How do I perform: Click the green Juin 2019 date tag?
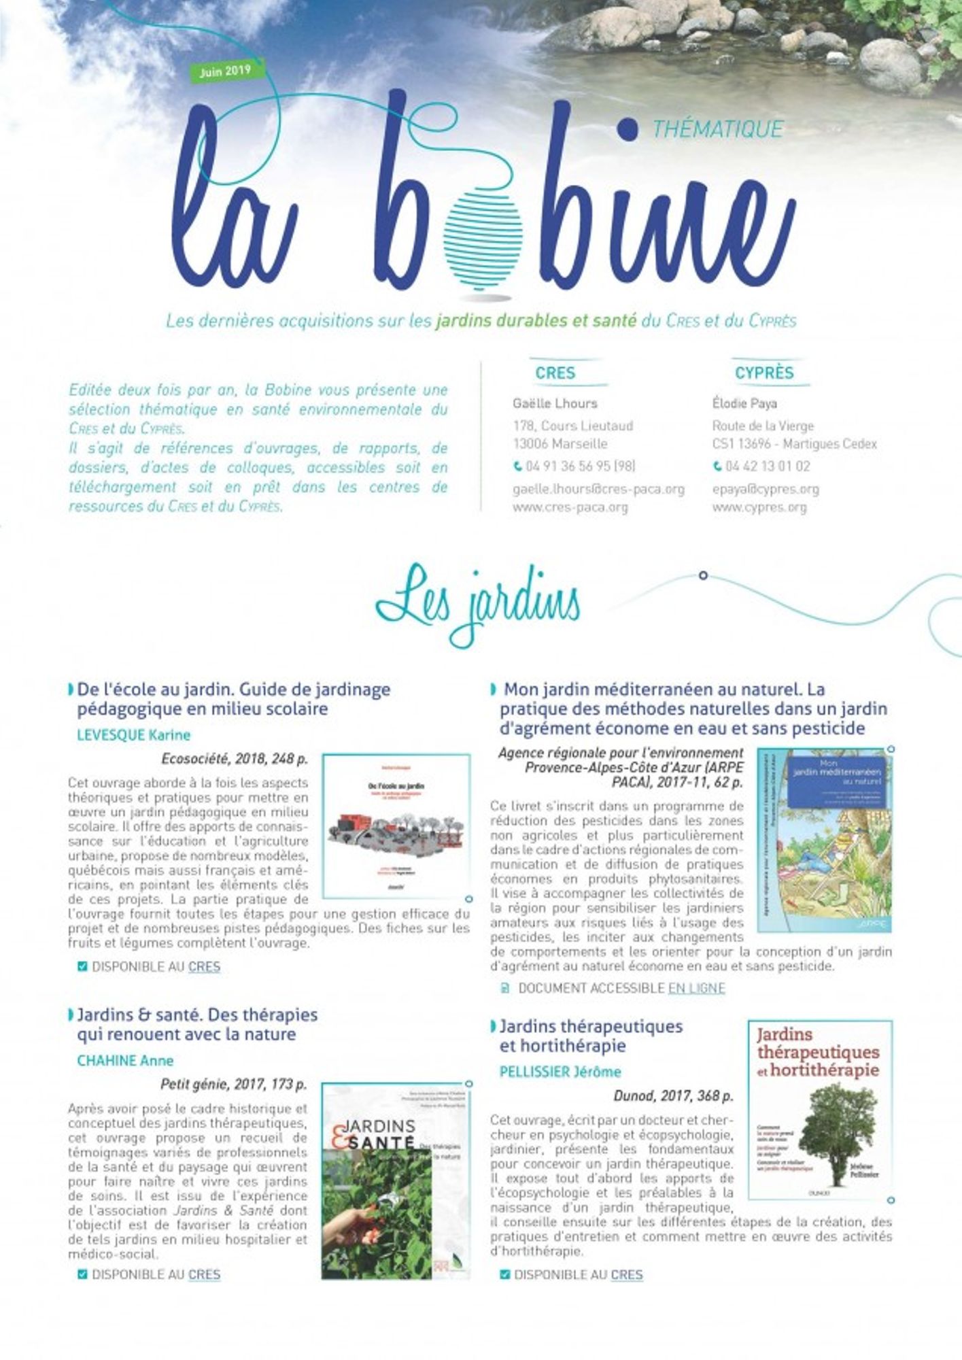click(225, 71)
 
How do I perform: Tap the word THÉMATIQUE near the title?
click(717, 129)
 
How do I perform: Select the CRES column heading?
click(555, 373)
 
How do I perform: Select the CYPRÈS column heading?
click(764, 373)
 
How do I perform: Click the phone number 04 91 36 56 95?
click(574, 466)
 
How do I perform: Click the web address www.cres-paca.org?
click(570, 507)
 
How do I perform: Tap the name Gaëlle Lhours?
click(555, 403)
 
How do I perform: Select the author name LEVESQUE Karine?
click(134, 735)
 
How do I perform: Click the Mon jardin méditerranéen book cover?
click(824, 840)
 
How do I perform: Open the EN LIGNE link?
click(696, 988)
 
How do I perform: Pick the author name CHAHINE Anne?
click(125, 1061)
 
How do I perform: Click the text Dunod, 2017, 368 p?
click(673, 1096)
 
